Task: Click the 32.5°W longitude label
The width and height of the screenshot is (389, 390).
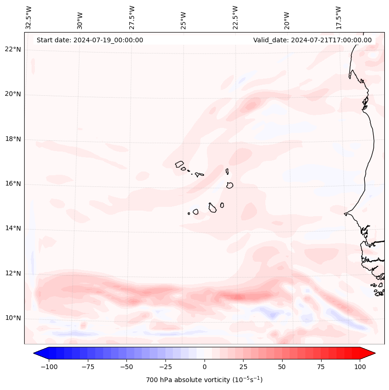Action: pos(28,17)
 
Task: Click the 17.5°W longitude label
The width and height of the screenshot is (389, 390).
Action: pos(338,17)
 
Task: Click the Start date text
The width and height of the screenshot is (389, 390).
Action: pos(90,40)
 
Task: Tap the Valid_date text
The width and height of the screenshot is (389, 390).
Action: pos(312,40)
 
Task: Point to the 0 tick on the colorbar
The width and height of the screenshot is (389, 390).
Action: pos(204,367)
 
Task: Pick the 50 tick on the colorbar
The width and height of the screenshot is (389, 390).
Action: pos(282,367)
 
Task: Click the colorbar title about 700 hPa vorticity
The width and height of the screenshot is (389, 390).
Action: pos(204,380)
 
